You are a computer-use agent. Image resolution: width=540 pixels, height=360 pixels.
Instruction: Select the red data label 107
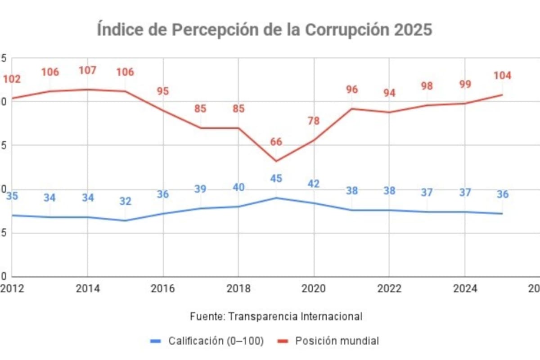pos(88,71)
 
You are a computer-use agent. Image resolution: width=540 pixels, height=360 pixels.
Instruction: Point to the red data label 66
pos(276,142)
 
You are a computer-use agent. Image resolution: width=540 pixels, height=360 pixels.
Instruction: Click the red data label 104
pos(502,76)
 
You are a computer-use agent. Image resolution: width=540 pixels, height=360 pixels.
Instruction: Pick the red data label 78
pos(314,121)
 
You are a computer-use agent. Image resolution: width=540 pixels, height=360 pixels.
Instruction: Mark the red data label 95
pos(163,91)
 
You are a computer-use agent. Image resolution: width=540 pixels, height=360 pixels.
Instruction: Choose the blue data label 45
pos(276,179)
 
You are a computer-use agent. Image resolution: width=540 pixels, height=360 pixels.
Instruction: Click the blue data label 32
pos(125,201)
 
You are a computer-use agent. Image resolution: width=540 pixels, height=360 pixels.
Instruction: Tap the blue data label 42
pos(314,184)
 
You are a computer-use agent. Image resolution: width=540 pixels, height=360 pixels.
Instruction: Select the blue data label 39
pos(200,189)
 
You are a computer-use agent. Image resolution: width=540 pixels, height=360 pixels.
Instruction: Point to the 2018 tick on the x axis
pos(238,289)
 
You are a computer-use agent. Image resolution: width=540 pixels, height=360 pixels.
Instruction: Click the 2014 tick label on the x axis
pos(88,289)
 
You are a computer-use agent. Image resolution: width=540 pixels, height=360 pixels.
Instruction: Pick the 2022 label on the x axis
pos(389,289)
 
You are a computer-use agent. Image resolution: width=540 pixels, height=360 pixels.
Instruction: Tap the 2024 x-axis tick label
pos(464,289)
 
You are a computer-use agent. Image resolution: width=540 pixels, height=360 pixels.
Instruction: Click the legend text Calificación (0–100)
pos(216,341)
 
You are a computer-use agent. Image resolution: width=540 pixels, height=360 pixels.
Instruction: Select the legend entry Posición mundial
pos(337,341)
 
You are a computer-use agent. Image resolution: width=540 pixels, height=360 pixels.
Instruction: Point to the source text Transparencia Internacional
pos(295,316)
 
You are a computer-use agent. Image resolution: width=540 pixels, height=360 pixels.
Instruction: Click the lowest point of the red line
pos(276,161)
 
